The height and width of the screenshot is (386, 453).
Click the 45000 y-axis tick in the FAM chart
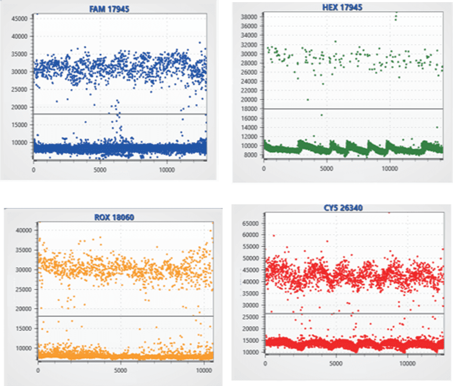pyautogui.click(x=19, y=18)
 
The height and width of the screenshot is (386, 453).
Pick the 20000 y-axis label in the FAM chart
pyautogui.click(x=19, y=107)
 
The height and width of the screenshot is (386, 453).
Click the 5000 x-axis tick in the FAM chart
pyautogui.click(x=100, y=170)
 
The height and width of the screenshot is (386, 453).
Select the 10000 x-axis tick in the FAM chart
pyautogui.click(x=167, y=170)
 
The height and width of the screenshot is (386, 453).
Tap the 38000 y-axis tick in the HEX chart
pyautogui.click(x=248, y=17)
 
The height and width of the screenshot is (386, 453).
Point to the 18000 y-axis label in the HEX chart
pyautogui.click(x=248, y=109)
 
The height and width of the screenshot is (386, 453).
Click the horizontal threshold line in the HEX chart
pyautogui.click(x=353, y=109)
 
